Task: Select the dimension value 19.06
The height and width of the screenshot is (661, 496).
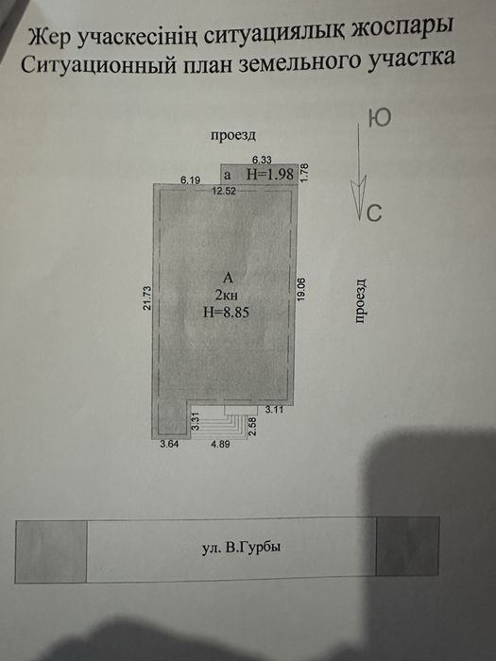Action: pos(303,288)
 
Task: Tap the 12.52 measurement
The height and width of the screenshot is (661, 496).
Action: pos(224,191)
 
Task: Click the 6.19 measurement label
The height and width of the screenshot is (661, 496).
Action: pos(194,178)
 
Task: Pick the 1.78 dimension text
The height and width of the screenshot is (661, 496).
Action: pos(305,173)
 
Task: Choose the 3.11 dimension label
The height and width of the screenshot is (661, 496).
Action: pos(274,409)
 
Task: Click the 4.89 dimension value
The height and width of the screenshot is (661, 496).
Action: pos(220,443)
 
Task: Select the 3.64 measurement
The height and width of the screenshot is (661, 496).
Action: pos(168,443)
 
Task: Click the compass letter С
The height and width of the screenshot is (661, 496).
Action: pos(374,213)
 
